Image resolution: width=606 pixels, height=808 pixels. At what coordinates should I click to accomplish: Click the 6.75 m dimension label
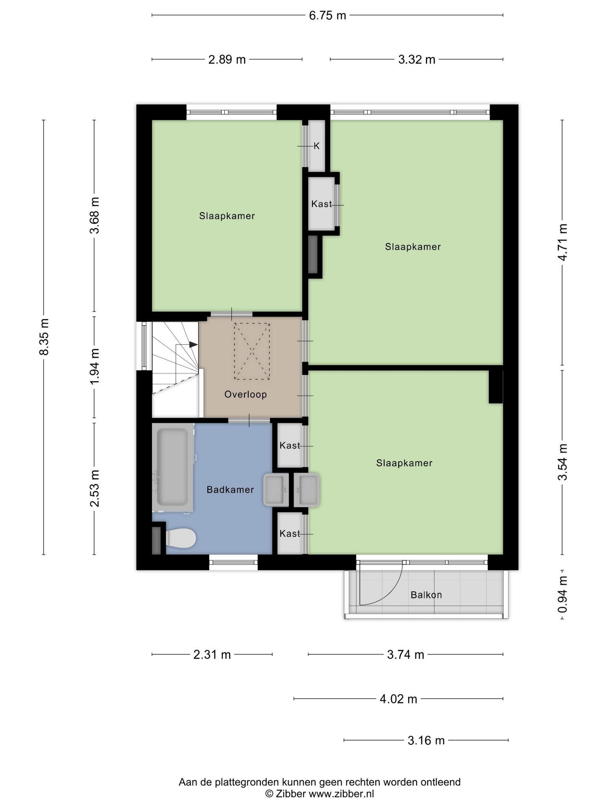point(327,15)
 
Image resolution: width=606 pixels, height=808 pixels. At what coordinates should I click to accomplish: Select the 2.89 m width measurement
point(227,60)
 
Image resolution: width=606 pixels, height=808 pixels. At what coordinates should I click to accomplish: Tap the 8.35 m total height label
point(44,337)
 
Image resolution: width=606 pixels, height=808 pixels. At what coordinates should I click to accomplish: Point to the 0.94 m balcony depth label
point(562,594)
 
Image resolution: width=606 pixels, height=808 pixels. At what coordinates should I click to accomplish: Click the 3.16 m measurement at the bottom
point(426,741)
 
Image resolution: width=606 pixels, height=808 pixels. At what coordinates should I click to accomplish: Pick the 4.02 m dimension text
point(398,699)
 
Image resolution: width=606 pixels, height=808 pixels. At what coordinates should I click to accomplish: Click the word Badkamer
point(230,490)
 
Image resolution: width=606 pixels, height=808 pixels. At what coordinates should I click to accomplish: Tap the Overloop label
point(245,394)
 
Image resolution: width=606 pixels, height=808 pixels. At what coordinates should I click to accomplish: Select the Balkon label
point(426,595)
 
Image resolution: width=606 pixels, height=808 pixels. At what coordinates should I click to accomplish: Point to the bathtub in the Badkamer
point(173,468)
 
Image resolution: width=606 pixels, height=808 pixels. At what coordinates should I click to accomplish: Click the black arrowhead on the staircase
point(193,344)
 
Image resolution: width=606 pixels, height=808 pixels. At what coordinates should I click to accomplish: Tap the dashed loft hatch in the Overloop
point(252,351)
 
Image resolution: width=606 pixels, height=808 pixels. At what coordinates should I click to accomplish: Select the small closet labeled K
point(316,146)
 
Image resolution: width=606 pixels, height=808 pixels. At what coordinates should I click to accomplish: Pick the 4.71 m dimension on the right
point(562,242)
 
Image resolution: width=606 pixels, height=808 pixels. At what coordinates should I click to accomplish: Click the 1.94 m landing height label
point(94,367)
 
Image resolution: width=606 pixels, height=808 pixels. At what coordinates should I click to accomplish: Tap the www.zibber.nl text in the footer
point(341,794)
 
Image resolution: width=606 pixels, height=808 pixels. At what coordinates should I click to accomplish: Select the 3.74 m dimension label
point(405,655)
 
